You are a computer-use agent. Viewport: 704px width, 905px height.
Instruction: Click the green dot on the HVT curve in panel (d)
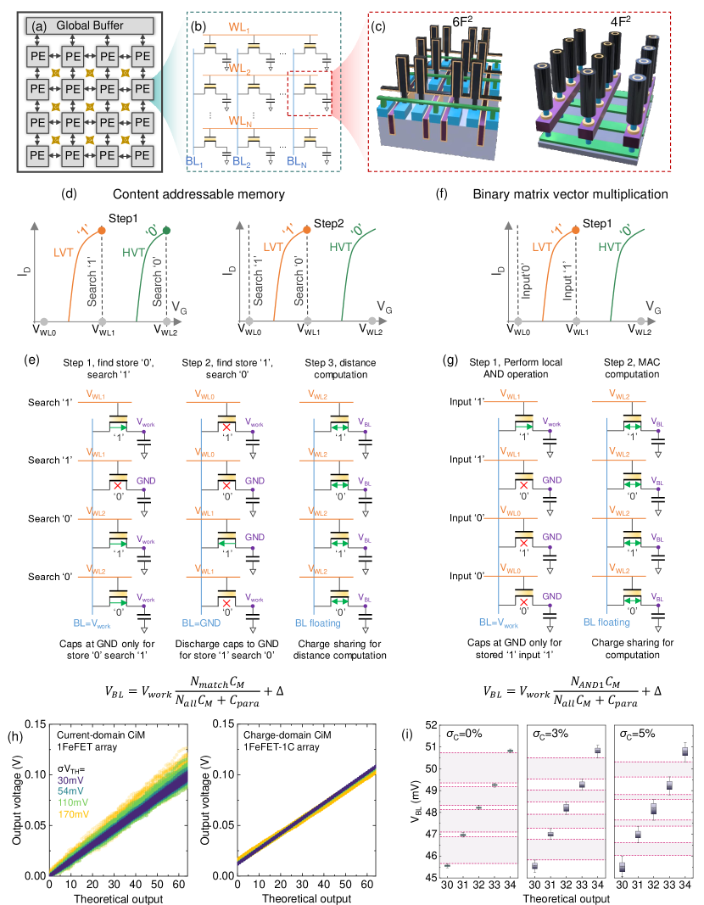pos(168,230)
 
